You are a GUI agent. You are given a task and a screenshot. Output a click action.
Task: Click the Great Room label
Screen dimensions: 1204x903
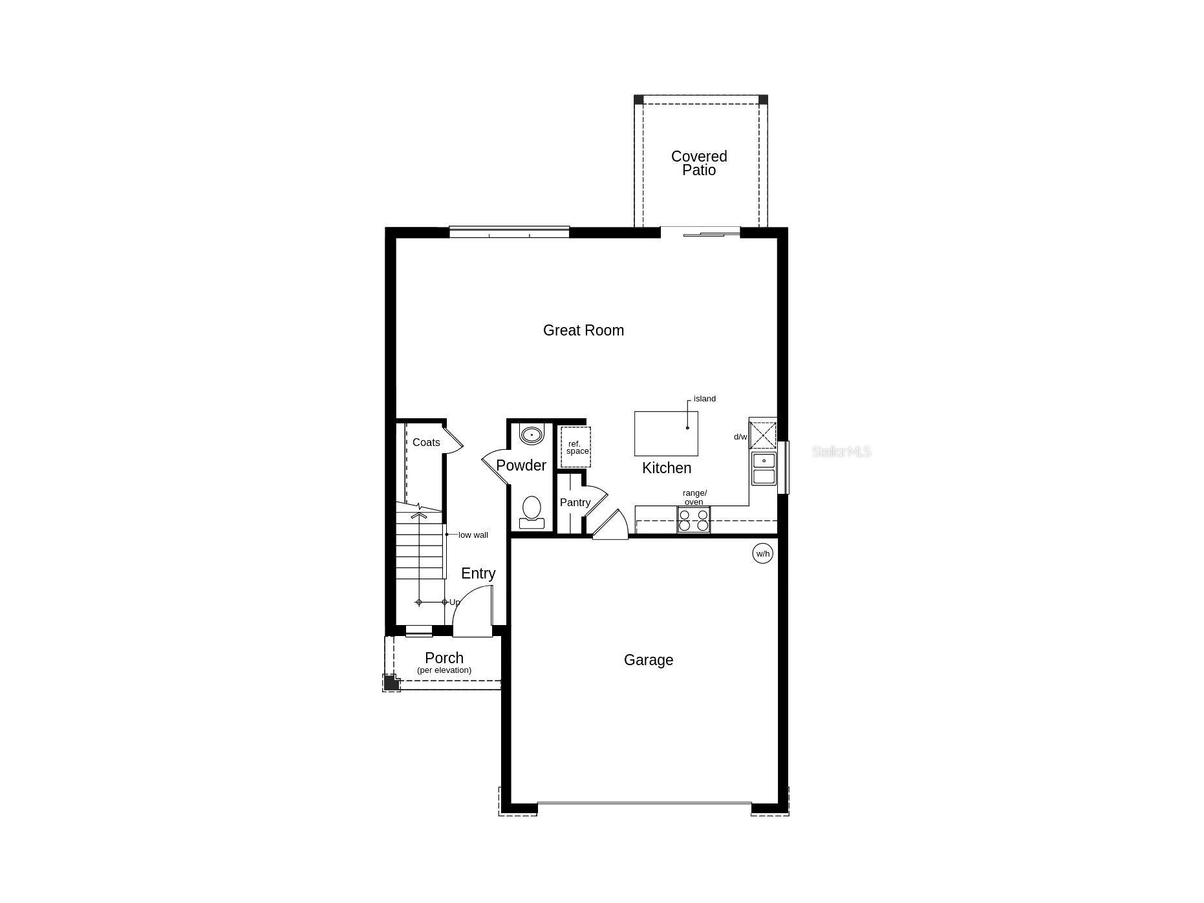[x=583, y=330]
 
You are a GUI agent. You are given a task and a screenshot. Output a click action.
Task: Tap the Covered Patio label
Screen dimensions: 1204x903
[x=699, y=163]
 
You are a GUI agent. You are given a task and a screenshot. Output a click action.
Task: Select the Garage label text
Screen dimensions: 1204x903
[x=649, y=660]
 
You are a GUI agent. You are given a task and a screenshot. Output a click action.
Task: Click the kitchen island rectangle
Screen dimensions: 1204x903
[x=666, y=433]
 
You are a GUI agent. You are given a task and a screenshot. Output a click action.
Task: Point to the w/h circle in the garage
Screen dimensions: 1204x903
[x=763, y=553]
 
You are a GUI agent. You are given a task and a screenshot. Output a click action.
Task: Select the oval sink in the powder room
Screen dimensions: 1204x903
[x=532, y=435]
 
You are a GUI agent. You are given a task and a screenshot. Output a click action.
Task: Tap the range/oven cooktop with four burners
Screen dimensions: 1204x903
[x=694, y=520]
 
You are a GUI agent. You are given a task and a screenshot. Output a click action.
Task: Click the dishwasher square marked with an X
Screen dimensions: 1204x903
[x=763, y=435]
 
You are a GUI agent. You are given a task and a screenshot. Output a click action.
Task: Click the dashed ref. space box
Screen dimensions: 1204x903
[x=575, y=447]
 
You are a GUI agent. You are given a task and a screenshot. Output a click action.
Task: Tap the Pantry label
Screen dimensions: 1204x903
[x=575, y=503]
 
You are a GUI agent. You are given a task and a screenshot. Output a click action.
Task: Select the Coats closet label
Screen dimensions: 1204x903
[x=426, y=443]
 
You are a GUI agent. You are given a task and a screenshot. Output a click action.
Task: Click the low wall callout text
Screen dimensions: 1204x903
[x=473, y=535]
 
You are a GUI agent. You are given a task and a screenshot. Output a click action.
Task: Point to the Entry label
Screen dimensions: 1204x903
[x=478, y=573]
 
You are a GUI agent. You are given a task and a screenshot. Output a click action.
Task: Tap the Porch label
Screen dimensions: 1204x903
[x=444, y=658]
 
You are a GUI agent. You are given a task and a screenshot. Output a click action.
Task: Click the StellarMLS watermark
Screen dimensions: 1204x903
[x=841, y=452]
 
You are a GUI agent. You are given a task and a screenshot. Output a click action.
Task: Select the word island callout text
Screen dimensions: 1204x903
[x=705, y=399]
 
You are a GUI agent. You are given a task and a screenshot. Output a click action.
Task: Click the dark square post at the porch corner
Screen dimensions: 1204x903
[x=391, y=682]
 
